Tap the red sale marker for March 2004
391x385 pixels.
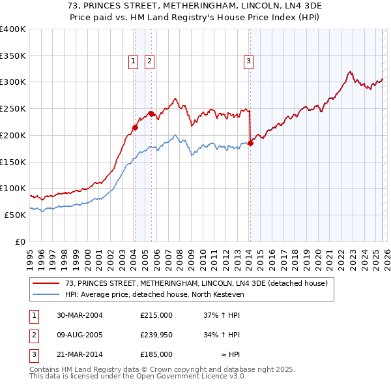(135, 127)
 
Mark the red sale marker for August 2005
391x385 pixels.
(151, 114)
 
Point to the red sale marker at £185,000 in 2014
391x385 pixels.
(250, 143)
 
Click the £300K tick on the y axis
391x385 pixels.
(13, 82)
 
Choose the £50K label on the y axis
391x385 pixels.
(15, 215)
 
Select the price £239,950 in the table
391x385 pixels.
(156, 335)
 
